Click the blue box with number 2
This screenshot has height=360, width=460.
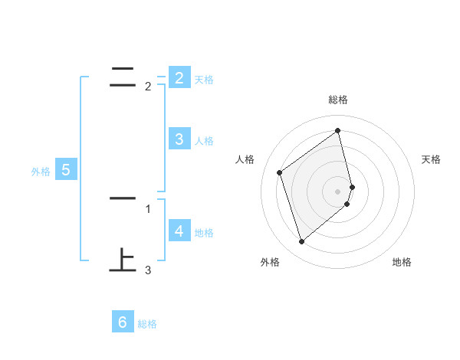[179, 77]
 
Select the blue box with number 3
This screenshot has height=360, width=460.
[179, 139]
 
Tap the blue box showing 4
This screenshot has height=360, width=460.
[179, 231]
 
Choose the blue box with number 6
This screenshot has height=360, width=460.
[123, 322]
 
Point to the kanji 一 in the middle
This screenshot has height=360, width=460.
[123, 199]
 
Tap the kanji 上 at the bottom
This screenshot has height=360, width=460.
[123, 260]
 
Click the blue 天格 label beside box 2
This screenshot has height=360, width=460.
[204, 80]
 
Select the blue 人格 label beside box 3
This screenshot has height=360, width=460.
[204, 141]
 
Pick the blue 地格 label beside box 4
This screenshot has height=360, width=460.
[204, 233]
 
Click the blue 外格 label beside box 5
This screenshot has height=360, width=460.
[41, 172]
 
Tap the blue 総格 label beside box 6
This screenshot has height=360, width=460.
[147, 325]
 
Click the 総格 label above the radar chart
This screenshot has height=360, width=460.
[338, 100]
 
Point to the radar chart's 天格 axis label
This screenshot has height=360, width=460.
[432, 159]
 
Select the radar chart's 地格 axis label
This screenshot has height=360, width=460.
[402, 262]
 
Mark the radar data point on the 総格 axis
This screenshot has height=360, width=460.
[338, 131]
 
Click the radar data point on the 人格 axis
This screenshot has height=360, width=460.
[280, 172]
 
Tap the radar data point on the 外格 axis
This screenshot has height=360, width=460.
[301, 242]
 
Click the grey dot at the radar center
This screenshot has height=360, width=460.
[338, 191]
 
